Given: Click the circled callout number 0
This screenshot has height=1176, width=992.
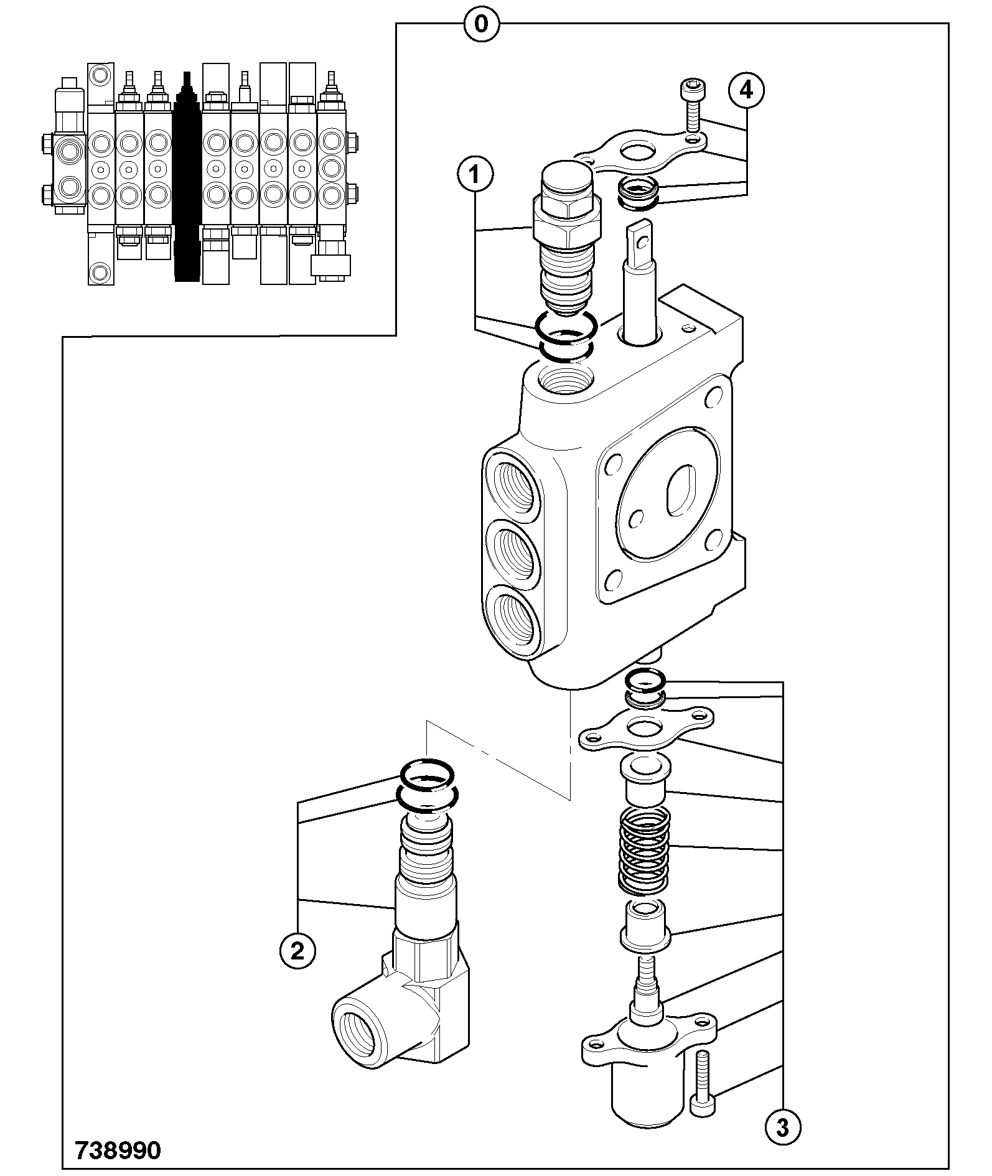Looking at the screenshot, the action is click(481, 25).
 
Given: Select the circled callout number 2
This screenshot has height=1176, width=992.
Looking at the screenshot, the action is click(297, 950).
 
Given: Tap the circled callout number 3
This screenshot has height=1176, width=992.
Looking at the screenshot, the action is click(782, 1127).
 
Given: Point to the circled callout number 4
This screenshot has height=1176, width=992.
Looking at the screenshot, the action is click(746, 91).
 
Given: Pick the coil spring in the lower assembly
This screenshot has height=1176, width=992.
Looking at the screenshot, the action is click(644, 849).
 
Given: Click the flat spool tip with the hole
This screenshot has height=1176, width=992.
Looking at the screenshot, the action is click(639, 243).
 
